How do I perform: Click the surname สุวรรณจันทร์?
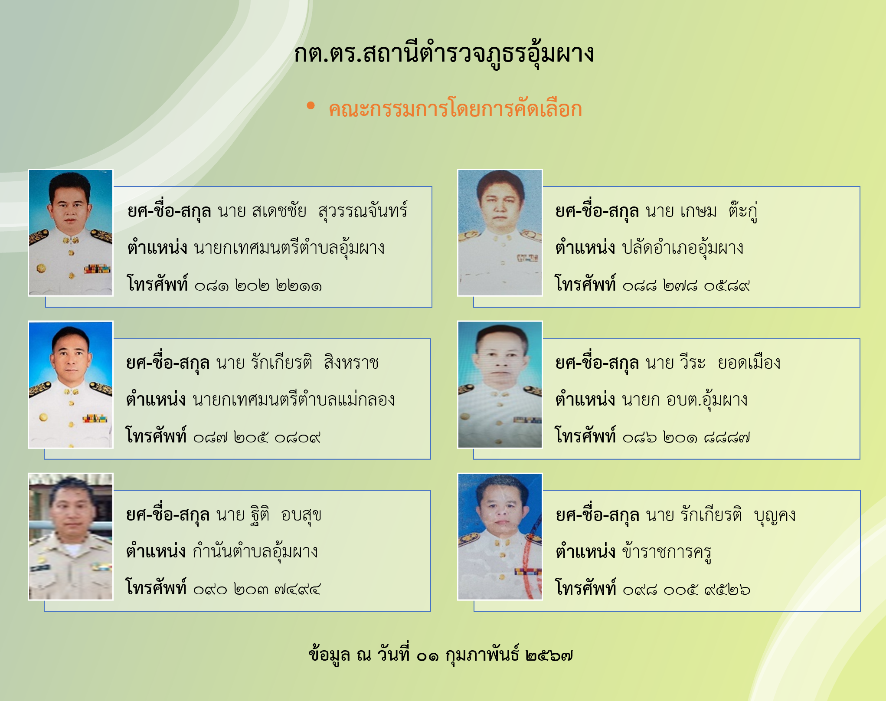point(363,211)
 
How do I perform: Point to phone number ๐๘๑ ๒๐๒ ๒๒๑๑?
point(258,285)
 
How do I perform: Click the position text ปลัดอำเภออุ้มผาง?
point(683,248)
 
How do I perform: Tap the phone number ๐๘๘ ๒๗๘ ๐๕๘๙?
point(686,285)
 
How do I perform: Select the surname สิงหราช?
point(351,363)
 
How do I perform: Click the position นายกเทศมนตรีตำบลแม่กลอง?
point(294,400)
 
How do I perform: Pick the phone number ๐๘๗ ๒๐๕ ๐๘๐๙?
point(257,437)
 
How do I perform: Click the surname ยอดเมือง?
point(749,363)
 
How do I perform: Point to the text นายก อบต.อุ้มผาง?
point(685,400)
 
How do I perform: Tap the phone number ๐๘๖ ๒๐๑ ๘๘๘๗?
point(686,437)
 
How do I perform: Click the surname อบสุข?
point(301,515)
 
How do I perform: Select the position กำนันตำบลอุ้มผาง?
point(255,552)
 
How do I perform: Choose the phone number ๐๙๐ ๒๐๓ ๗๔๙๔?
point(257,589)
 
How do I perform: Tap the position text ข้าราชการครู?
point(667,552)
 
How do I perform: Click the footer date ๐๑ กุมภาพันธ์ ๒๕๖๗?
point(494,655)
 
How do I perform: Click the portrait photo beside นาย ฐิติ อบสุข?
point(71,537)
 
